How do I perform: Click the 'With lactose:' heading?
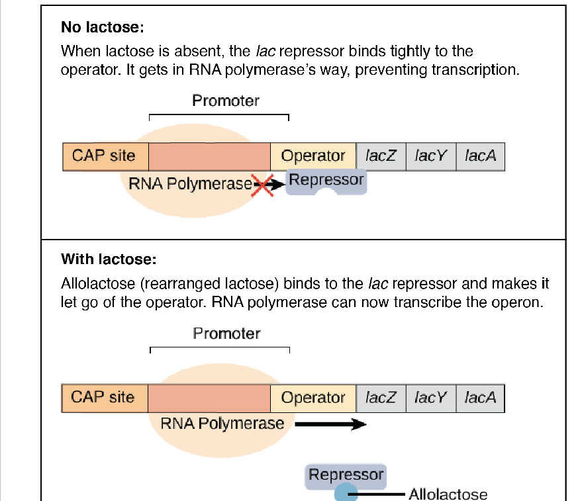tap(108, 259)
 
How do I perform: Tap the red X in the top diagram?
tap(263, 184)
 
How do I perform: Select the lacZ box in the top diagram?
tap(381, 156)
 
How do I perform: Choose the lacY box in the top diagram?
tap(430, 156)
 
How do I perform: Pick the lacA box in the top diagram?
tap(480, 156)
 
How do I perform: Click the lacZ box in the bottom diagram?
tap(381, 398)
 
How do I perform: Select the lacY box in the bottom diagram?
tap(430, 398)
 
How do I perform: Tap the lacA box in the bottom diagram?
tap(480, 398)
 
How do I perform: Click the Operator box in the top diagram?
tap(313, 156)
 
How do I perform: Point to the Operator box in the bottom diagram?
tap(313, 398)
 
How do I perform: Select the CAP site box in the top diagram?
tap(105, 156)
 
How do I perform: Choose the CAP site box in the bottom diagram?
tap(103, 398)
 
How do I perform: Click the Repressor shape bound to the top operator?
tap(326, 181)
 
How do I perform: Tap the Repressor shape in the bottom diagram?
tap(346, 475)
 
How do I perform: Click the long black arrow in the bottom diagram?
tap(330, 424)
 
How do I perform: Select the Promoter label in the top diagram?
tap(225, 101)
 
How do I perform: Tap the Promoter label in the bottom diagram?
tap(226, 334)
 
